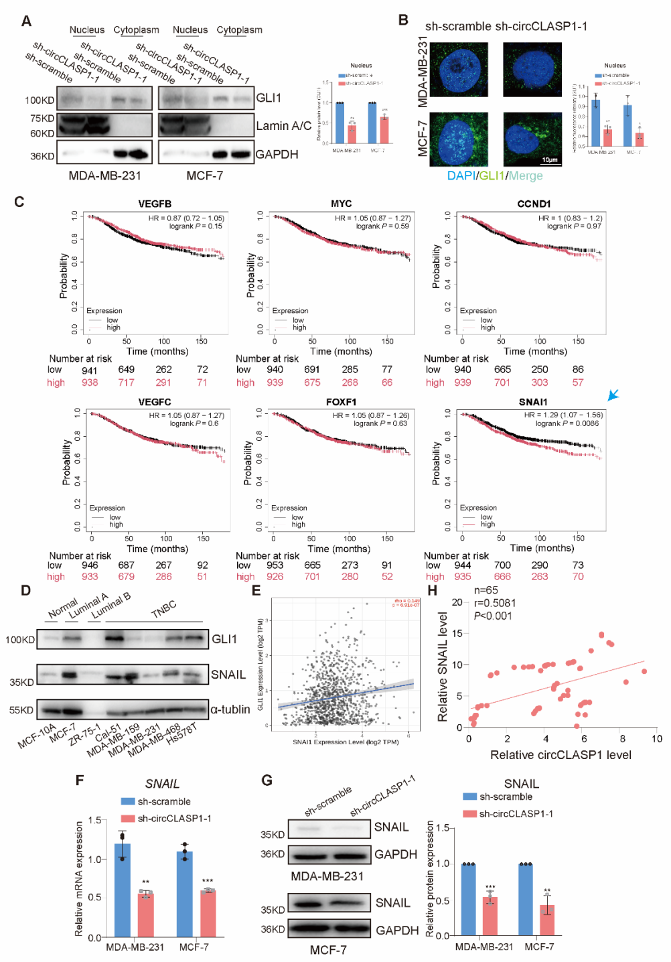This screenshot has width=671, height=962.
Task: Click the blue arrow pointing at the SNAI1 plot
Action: pyautogui.click(x=613, y=395)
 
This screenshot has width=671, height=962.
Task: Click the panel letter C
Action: pyautogui.click(x=19, y=202)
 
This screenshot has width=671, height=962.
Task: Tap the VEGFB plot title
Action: pyautogui.click(x=155, y=204)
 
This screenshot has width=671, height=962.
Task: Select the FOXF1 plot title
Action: pyautogui.click(x=341, y=402)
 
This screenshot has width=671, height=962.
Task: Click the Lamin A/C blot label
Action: pyautogui.click(x=283, y=126)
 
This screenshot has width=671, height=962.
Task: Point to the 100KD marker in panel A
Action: pyautogui.click(x=40, y=100)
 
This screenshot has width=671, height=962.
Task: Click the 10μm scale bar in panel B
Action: pyautogui.click(x=549, y=160)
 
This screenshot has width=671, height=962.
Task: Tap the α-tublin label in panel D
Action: pyautogui.click(x=230, y=709)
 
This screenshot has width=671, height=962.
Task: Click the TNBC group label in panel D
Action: pyautogui.click(x=163, y=609)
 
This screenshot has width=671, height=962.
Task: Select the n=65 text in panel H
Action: pyautogui.click(x=486, y=590)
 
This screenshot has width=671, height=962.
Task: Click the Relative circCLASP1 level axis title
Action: pyautogui.click(x=561, y=755)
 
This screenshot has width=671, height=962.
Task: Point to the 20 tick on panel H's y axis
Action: pyautogui.click(x=457, y=602)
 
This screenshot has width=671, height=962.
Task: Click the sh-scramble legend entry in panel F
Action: pyautogui.click(x=156, y=801)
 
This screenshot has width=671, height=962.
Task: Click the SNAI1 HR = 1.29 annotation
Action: pyautogui.click(x=563, y=415)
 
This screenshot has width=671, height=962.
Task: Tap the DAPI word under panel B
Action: pyautogui.click(x=461, y=176)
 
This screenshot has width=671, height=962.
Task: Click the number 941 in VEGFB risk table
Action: pyautogui.click(x=90, y=370)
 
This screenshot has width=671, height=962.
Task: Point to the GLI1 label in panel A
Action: pyautogui.click(x=269, y=98)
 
